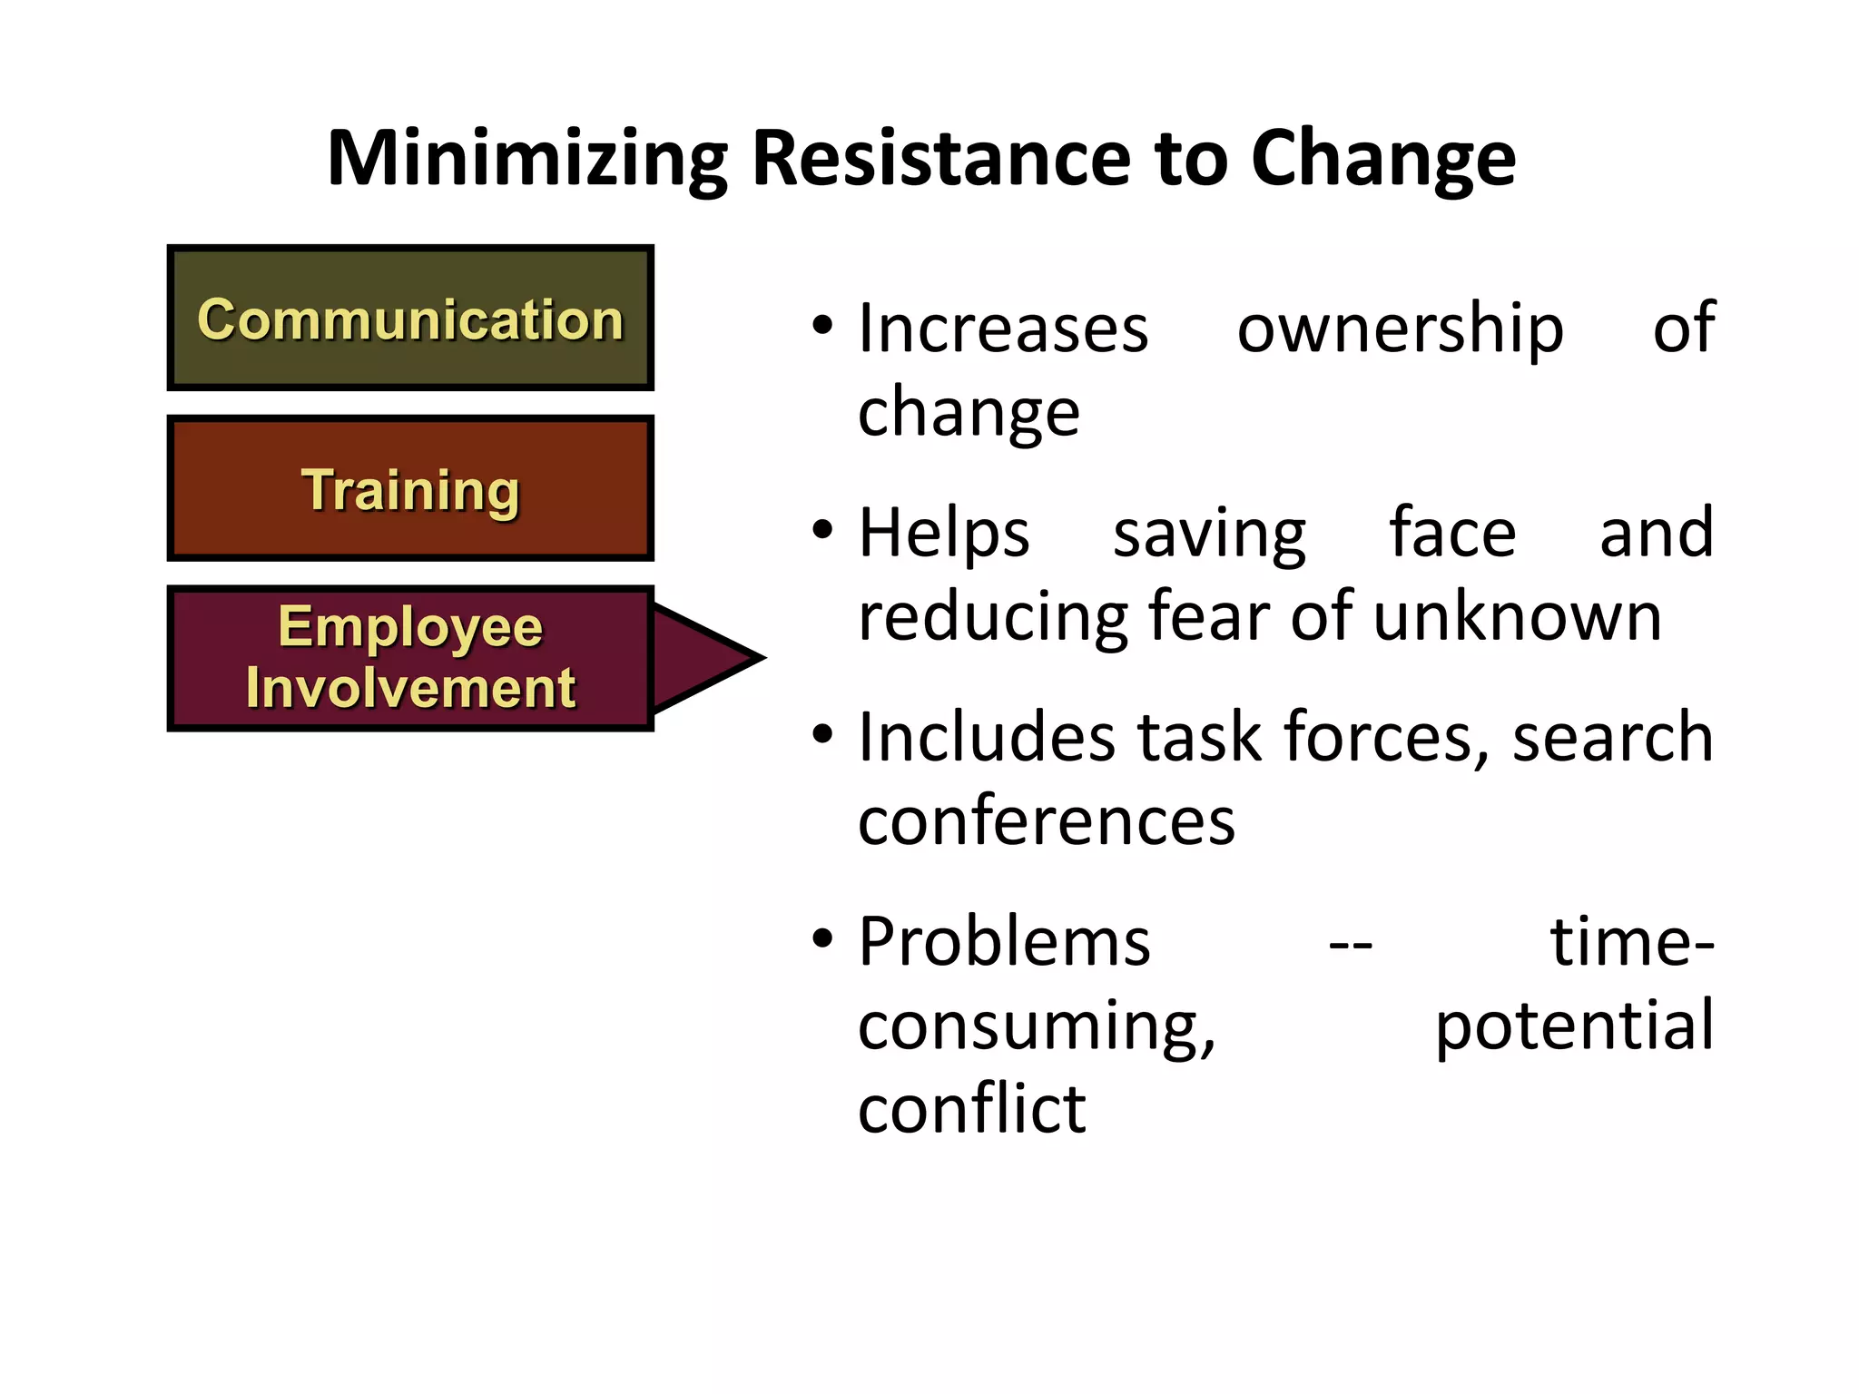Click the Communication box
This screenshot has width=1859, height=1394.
[x=410, y=318]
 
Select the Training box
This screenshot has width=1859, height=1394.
[x=410, y=488]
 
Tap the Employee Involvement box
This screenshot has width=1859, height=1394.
[x=410, y=658]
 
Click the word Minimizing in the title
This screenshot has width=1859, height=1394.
[x=527, y=160]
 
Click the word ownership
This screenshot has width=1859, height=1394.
[x=1400, y=329]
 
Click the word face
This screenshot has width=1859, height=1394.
[x=1452, y=532]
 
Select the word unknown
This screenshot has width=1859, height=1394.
[x=1517, y=617]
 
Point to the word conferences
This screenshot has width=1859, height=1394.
[x=1046, y=820]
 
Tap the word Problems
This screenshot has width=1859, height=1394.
[x=1004, y=941]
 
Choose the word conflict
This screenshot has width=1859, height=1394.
[x=971, y=1109]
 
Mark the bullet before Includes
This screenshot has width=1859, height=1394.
[x=822, y=734]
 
